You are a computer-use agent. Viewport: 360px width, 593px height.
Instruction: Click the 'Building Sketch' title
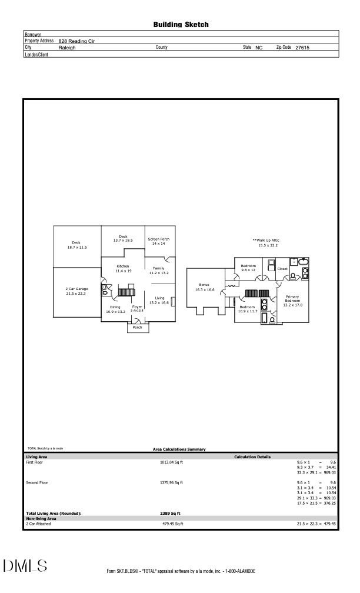pyautogui.click(x=181, y=25)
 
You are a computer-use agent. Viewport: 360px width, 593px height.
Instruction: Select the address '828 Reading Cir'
pyautogui.click(x=77, y=41)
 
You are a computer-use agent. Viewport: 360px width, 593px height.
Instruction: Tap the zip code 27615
pyautogui.click(x=302, y=48)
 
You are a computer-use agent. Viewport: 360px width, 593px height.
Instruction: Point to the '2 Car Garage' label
pyautogui.click(x=78, y=291)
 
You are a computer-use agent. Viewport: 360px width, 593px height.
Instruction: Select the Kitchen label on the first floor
pyautogui.click(x=123, y=268)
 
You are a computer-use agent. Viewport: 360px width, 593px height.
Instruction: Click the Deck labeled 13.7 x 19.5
pyautogui.click(x=123, y=238)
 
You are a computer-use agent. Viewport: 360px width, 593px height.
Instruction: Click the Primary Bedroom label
pyautogui.click(x=292, y=300)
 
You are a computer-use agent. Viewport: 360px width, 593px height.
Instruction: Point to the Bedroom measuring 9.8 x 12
pyautogui.click(x=248, y=268)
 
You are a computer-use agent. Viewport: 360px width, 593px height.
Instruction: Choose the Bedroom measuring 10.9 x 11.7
pyautogui.click(x=246, y=309)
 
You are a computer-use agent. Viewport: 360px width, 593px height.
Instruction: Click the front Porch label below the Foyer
pyautogui.click(x=137, y=327)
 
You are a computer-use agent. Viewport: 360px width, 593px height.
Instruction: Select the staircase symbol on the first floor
pyautogui.click(x=126, y=292)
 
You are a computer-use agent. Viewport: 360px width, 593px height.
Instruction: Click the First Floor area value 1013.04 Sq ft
pyautogui.click(x=168, y=463)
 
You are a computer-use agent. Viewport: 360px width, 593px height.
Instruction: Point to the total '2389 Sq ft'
pyautogui.click(x=170, y=513)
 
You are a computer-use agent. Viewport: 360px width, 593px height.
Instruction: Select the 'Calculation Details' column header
pyautogui.click(x=252, y=457)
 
